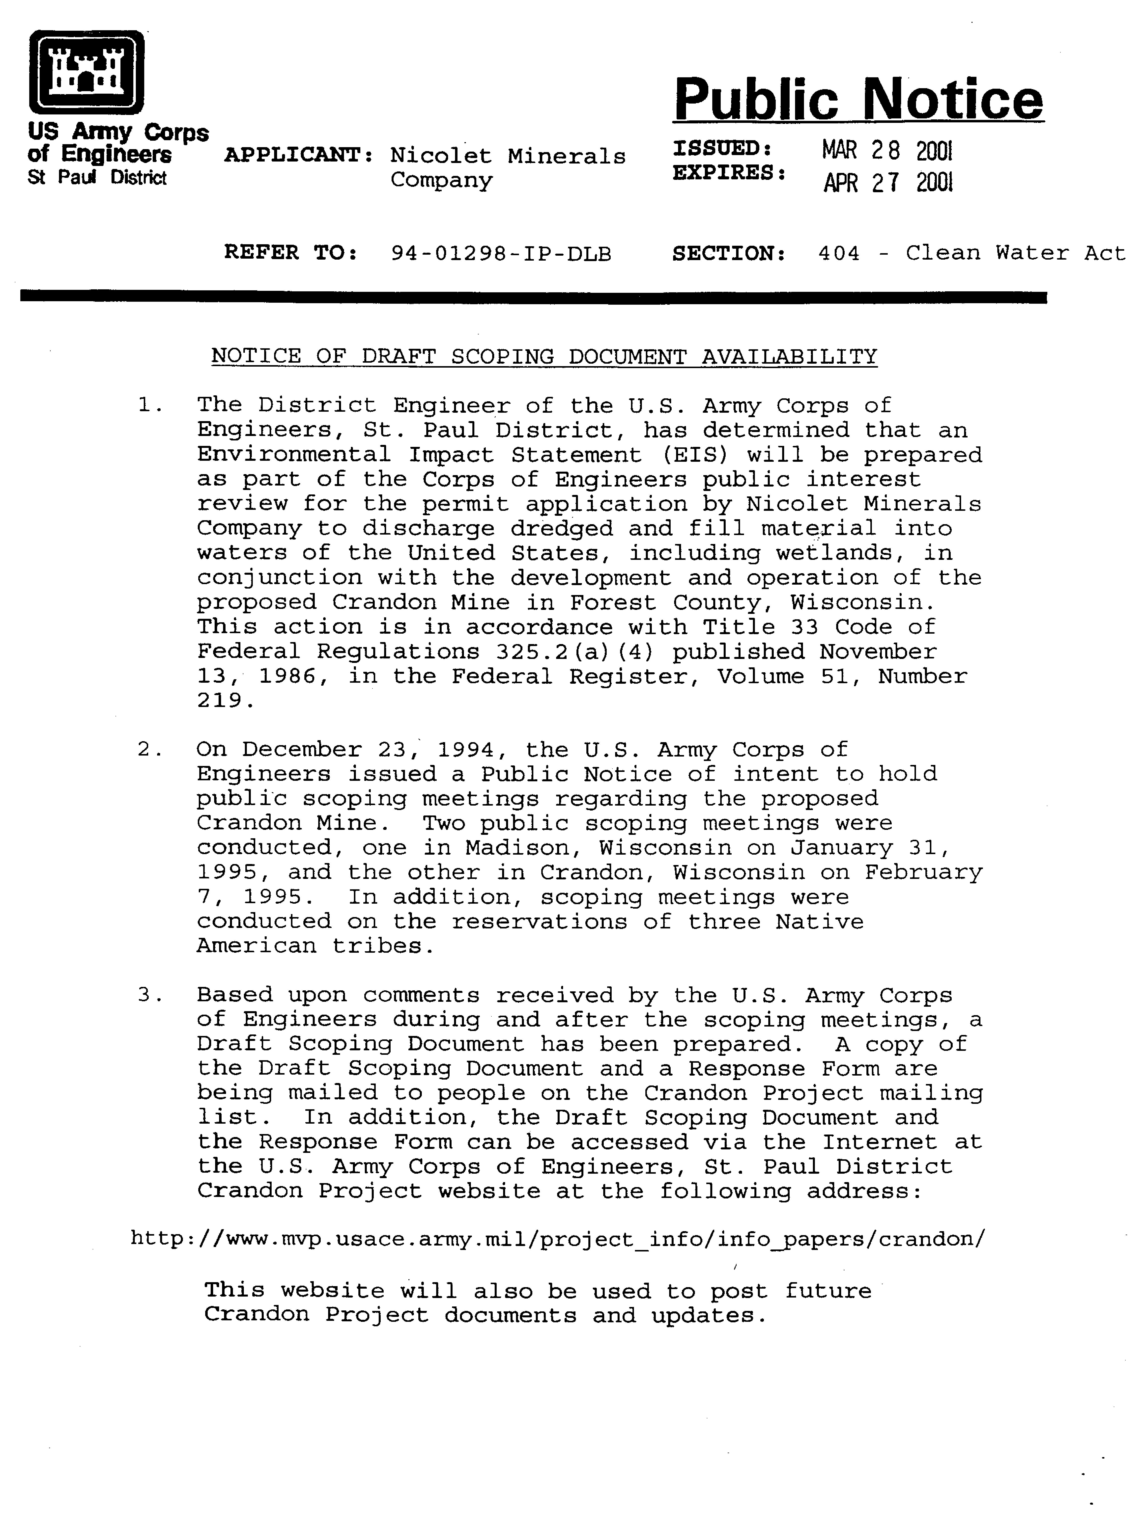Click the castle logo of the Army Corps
click(86, 72)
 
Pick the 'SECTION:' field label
click(729, 254)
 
